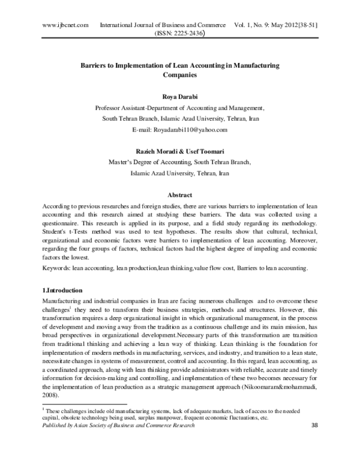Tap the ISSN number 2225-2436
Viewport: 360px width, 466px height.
[x=190, y=34]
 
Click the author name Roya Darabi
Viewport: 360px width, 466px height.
[x=180, y=97]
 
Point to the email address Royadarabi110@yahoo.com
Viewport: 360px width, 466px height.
[x=194, y=130]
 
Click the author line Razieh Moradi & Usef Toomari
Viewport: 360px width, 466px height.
[x=180, y=151]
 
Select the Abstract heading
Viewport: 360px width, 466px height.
[x=180, y=195]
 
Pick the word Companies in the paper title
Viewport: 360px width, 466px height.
[x=180, y=76]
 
